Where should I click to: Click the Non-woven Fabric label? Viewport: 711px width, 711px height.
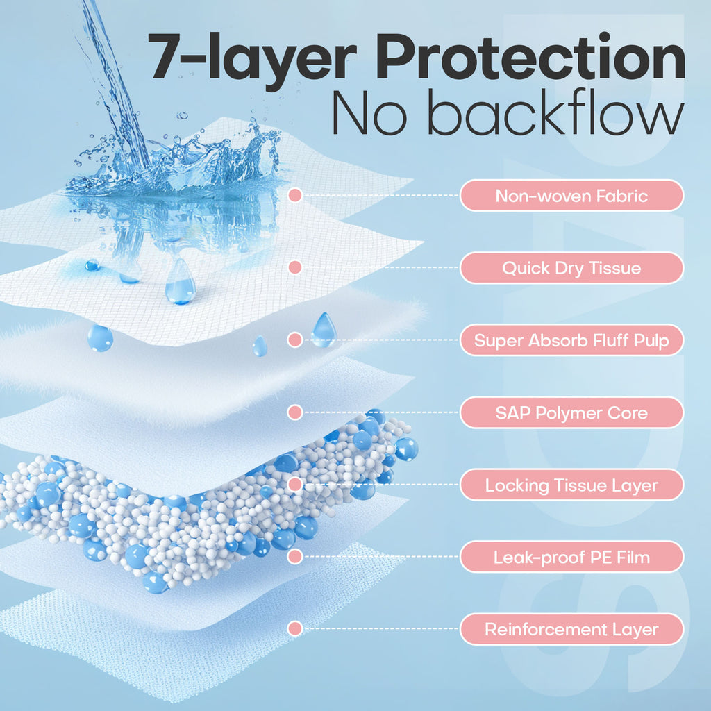(x=571, y=196)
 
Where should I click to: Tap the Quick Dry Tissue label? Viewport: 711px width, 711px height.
(x=571, y=268)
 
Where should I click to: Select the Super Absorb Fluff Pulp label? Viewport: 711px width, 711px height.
(x=571, y=340)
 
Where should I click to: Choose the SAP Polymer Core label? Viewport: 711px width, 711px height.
(x=571, y=413)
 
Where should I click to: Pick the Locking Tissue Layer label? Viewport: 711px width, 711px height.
(x=571, y=485)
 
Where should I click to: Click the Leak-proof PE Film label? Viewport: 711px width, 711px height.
(x=571, y=557)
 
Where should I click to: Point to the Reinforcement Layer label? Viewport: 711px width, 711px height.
(x=571, y=630)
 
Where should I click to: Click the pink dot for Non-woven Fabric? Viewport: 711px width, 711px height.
(x=295, y=196)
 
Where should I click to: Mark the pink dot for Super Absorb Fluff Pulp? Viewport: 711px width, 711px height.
(x=295, y=340)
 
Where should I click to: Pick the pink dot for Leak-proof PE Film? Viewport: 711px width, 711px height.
(x=295, y=557)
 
